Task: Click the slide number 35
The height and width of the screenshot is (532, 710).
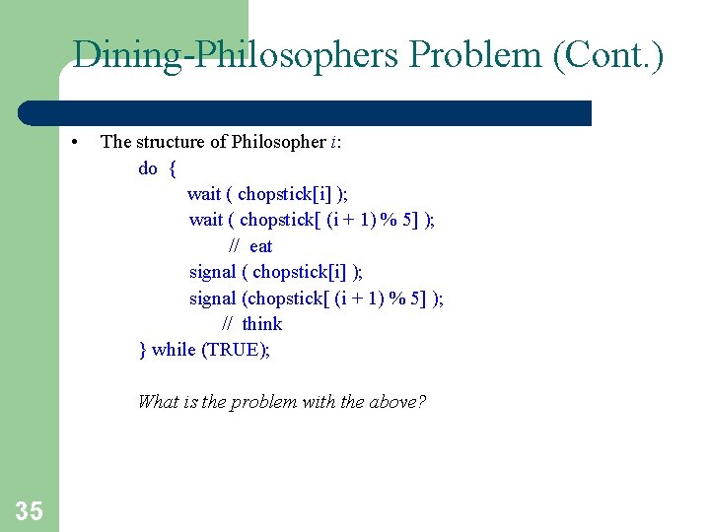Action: tap(30, 510)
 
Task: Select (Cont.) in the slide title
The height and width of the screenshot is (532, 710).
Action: tap(607, 54)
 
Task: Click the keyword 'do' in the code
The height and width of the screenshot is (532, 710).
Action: tap(148, 168)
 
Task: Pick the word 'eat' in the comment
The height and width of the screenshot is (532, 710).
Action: tap(261, 246)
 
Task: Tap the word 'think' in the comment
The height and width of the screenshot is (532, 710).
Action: tap(262, 324)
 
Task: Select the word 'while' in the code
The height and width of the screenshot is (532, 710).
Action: tap(174, 350)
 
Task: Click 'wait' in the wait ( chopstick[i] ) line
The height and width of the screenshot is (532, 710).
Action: tap(204, 194)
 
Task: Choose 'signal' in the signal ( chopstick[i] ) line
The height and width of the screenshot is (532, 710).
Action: tap(212, 272)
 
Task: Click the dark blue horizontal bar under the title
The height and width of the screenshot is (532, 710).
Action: tap(325, 113)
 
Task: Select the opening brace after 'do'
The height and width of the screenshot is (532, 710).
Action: tap(173, 168)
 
